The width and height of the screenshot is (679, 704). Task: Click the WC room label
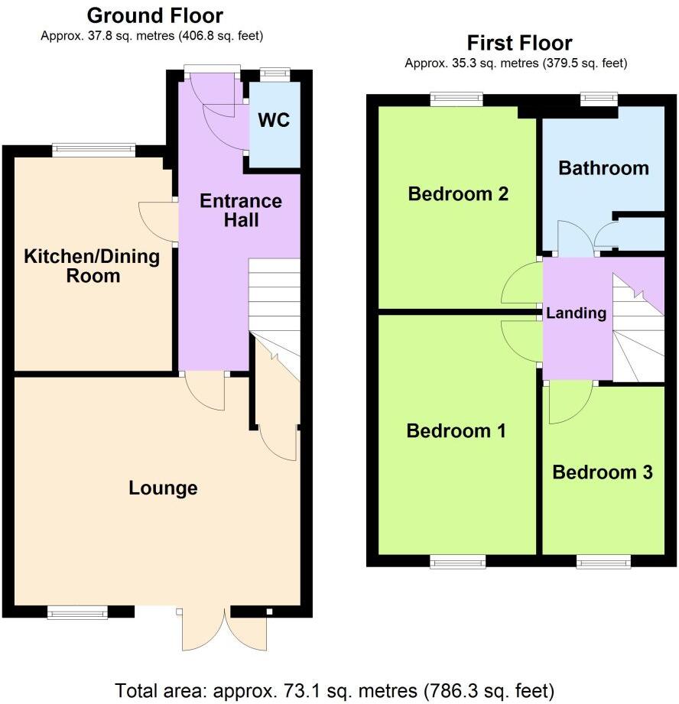point(275,121)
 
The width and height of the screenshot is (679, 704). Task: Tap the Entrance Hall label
point(240,211)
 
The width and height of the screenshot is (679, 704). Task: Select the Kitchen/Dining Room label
point(93,265)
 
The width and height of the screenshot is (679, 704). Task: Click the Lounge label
point(163,488)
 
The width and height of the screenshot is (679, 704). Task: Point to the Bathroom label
point(603,167)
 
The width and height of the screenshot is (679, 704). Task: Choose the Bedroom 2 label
point(458,193)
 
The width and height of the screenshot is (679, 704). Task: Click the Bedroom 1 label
point(456,431)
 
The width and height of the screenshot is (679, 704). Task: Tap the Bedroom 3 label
point(603,472)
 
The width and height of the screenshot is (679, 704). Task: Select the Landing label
point(577,313)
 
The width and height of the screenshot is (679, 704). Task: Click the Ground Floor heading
point(154,15)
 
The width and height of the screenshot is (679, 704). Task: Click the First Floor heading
point(519,43)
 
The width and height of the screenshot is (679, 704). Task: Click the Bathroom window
point(599,97)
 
